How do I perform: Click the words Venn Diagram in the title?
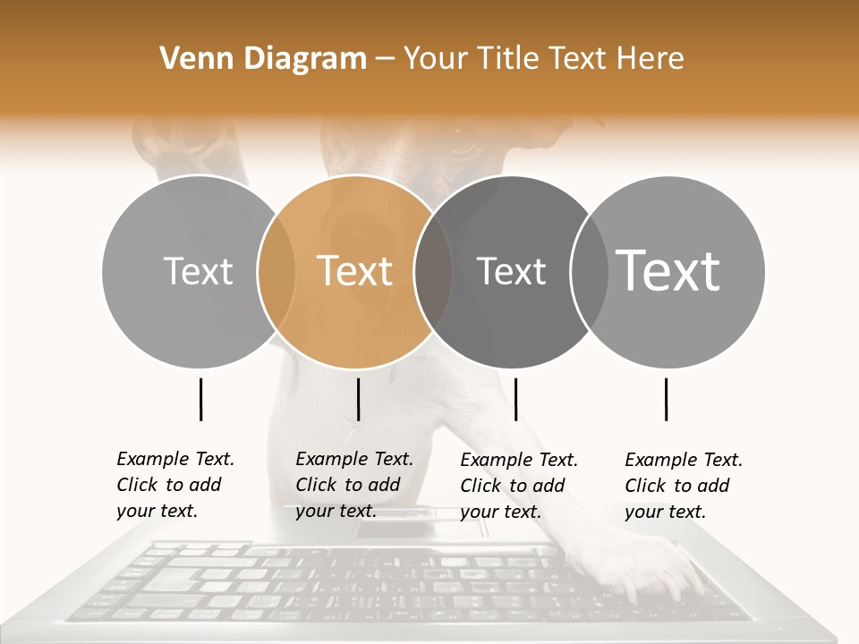click(x=263, y=59)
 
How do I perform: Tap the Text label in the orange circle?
click(x=355, y=271)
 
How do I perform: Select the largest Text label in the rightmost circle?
click(x=668, y=270)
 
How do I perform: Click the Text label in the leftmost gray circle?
click(x=198, y=271)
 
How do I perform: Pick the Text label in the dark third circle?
click(x=511, y=271)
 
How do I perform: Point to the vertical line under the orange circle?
click(x=358, y=399)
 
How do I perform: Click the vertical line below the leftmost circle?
click(x=200, y=399)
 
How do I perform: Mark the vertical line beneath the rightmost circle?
click(x=666, y=399)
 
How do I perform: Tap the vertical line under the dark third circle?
click(x=515, y=399)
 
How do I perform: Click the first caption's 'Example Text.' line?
click(x=175, y=459)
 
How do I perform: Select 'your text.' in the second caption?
click(x=336, y=511)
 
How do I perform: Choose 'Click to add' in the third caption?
click(x=513, y=486)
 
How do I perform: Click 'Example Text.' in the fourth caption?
click(x=684, y=460)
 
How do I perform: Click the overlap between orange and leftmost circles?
click(x=276, y=271)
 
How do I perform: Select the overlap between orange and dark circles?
click(x=433, y=271)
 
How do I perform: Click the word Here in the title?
click(x=652, y=59)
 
